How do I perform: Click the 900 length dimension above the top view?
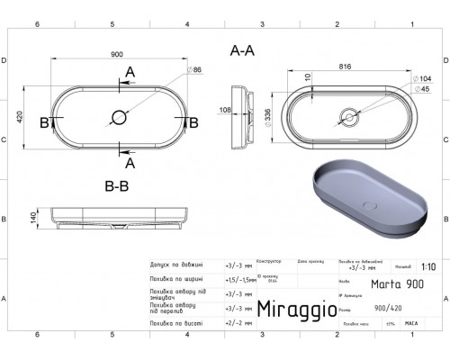click(117, 54)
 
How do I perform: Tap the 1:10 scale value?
click(427, 266)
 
